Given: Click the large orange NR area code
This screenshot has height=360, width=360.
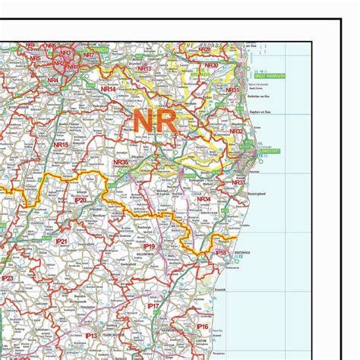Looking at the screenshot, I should [154, 120].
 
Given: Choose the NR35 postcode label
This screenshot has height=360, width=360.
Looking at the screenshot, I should [121, 162].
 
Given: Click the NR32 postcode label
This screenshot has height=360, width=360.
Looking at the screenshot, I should [236, 131].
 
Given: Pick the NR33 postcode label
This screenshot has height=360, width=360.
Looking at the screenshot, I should [238, 182].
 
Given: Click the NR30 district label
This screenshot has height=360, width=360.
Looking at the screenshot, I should [213, 66].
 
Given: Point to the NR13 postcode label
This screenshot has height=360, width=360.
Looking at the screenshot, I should [144, 69].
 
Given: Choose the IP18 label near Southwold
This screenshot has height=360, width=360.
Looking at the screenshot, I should [220, 252].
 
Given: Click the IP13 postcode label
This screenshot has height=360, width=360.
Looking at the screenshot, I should [90, 334].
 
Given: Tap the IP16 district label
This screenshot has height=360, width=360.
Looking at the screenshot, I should [202, 327].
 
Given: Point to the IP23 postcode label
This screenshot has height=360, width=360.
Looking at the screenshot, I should [8, 279].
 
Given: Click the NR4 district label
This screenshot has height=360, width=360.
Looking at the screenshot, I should [53, 80].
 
